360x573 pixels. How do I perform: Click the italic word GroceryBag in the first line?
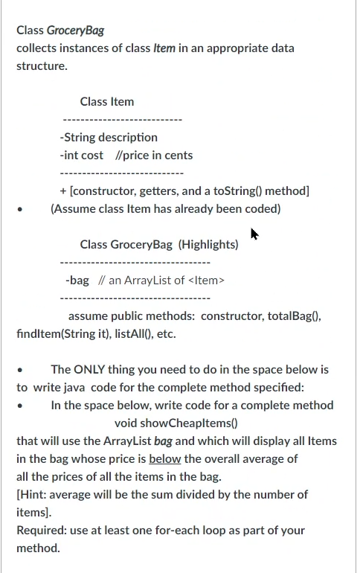75,31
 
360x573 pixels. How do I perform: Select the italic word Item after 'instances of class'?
164,48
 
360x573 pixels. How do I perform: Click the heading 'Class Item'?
107,102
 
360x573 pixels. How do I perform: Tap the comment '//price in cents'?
154,156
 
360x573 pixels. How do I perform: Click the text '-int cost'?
82,156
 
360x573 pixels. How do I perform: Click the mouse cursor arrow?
254,234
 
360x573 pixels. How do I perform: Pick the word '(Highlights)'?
208,245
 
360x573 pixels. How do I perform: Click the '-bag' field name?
77,281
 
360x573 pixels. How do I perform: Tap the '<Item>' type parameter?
206,281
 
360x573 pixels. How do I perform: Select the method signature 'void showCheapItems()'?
176,423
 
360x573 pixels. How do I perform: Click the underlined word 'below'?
165,459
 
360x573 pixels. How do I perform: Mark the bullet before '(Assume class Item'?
20,210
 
